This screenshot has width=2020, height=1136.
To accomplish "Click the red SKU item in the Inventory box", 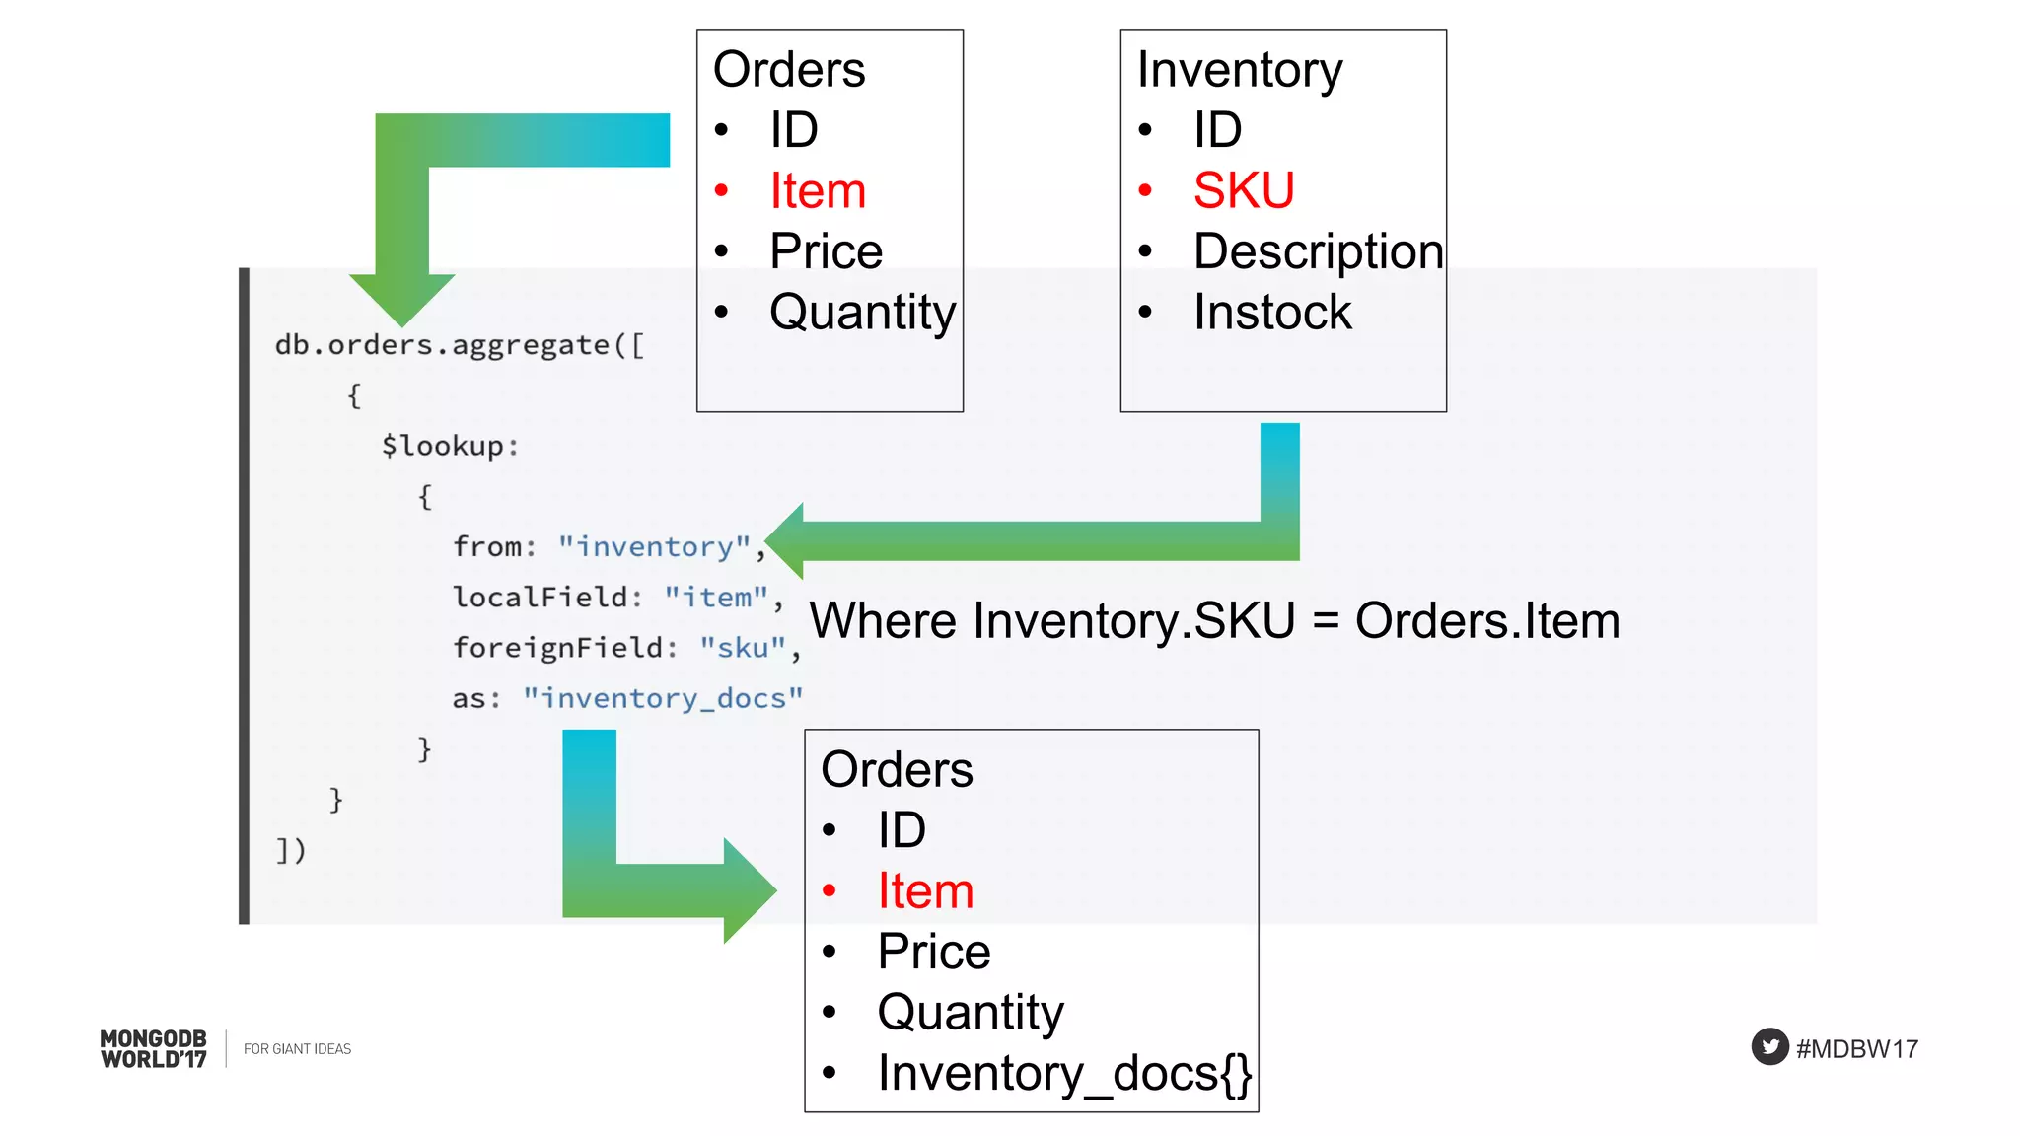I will [1243, 190].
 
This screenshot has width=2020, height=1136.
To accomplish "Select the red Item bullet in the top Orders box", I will [817, 190].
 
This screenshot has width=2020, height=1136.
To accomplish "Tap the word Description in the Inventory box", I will [1318, 251].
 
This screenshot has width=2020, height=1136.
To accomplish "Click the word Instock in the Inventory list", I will [1271, 313].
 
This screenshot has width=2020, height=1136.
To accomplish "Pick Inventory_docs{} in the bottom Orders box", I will [1064, 1073].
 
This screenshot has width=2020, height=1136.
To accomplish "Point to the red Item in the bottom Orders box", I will [925, 890].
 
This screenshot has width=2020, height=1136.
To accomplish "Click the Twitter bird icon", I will [1769, 1047].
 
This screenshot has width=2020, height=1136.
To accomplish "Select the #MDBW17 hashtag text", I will [1856, 1049].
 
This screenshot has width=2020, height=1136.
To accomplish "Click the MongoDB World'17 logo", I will [154, 1049].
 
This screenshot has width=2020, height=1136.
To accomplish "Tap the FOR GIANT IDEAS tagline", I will [297, 1049].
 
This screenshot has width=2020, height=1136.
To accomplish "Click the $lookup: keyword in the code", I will [450, 446].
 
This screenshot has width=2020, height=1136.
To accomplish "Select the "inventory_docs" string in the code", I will [663, 698].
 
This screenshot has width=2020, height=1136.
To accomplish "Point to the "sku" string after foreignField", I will [743, 648].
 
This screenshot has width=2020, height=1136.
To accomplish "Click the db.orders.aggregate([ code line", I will [460, 345].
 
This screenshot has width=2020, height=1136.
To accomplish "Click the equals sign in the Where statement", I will [1326, 622].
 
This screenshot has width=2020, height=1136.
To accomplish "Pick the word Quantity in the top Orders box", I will [862, 313].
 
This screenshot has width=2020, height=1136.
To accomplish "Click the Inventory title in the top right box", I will [1239, 70].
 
